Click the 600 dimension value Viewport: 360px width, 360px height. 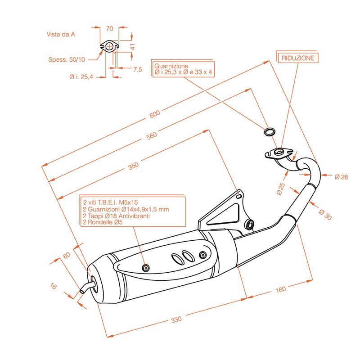[x=154, y=115]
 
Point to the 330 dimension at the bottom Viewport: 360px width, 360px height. [x=176, y=319]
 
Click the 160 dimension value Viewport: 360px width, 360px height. [x=280, y=289]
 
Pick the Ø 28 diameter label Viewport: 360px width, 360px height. [x=341, y=177]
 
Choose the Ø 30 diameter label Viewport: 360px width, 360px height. [x=325, y=215]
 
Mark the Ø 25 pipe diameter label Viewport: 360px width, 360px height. [x=281, y=189]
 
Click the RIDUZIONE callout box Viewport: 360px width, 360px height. [x=298, y=58]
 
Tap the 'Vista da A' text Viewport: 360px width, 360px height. [x=60, y=34]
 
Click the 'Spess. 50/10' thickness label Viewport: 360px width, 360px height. [x=66, y=59]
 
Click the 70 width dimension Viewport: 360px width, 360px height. [x=109, y=28]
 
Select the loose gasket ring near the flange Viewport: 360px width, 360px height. [x=269, y=132]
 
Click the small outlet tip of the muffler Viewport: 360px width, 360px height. [x=83, y=290]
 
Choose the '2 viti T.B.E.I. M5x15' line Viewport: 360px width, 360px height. [x=110, y=202]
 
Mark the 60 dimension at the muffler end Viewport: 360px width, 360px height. [x=67, y=255]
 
